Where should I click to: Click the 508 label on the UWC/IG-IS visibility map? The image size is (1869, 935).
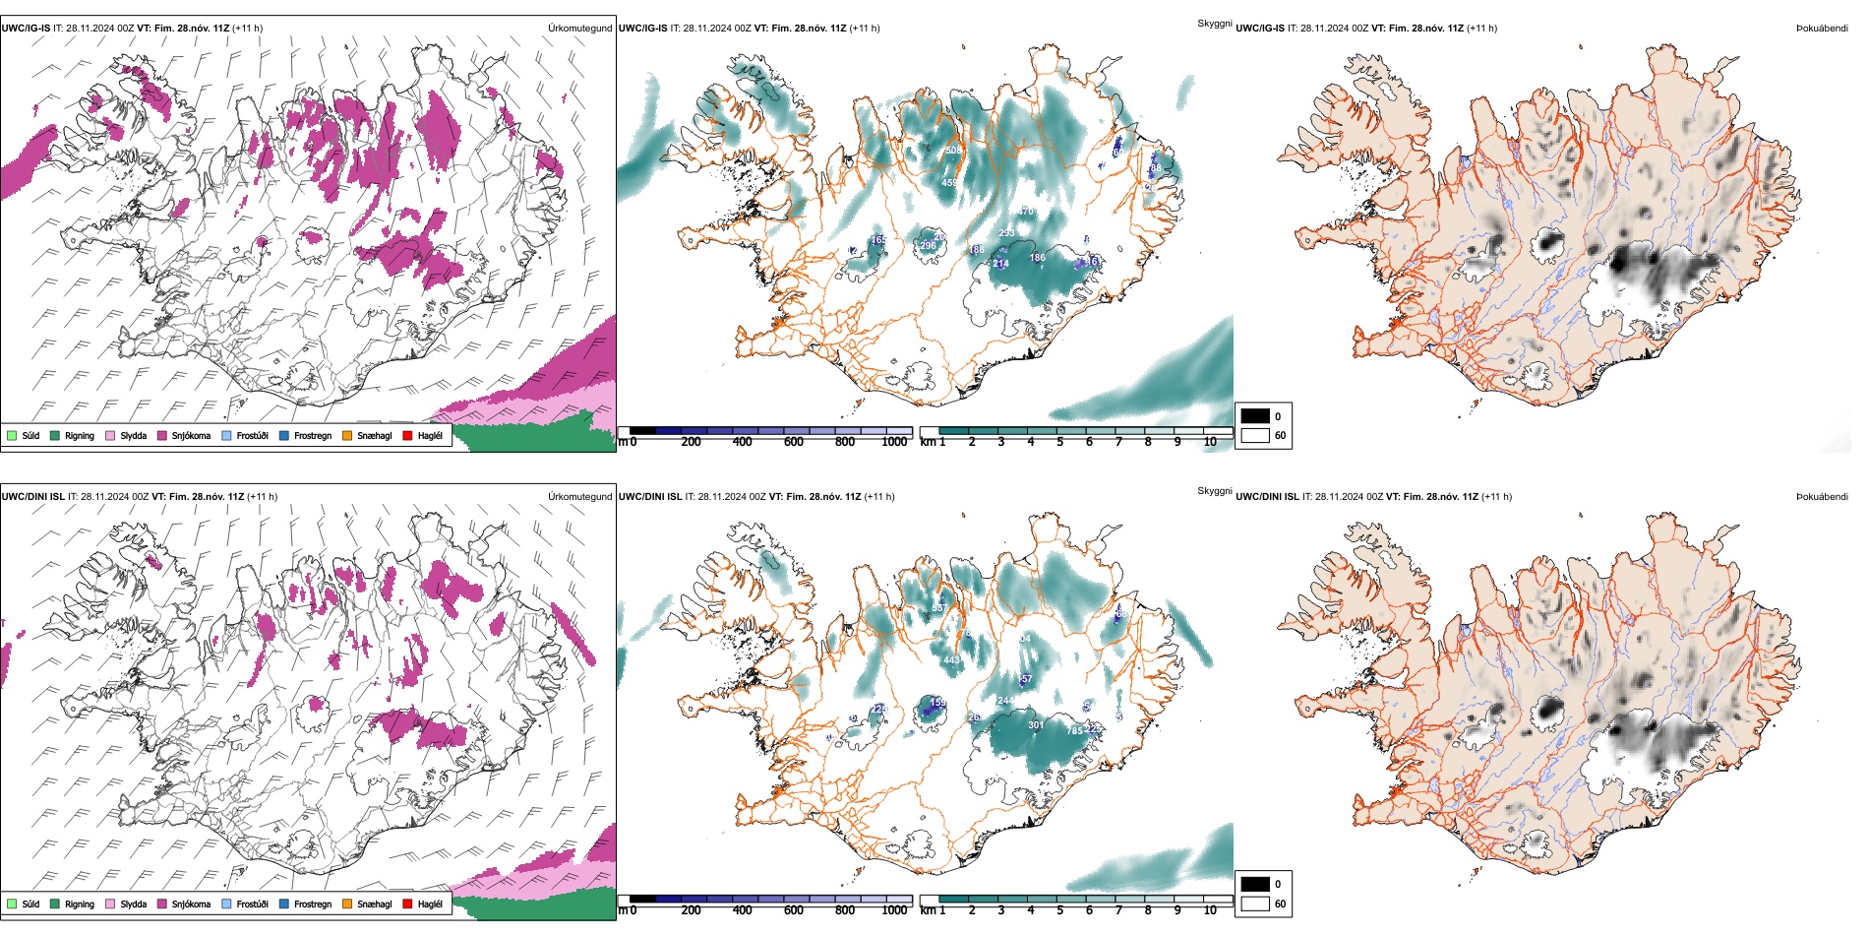tap(952, 151)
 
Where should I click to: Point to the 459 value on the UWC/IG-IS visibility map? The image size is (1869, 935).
tap(949, 183)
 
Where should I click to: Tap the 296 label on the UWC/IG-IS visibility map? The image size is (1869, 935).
tap(928, 245)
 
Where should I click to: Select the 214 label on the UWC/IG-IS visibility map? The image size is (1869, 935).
tap(1000, 263)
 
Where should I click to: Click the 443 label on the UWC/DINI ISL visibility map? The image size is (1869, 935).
tap(951, 660)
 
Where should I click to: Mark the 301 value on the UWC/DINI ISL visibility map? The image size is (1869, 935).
tap(1036, 725)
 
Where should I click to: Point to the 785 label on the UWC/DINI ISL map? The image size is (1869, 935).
tap(1075, 730)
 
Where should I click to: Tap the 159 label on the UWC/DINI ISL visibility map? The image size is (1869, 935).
tap(937, 703)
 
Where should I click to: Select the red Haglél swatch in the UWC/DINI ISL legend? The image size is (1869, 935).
tap(407, 904)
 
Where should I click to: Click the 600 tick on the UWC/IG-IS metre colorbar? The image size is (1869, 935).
tap(793, 442)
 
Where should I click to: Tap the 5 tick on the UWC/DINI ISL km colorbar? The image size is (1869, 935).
tap(1059, 910)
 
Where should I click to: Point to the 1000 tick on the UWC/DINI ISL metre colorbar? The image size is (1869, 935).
tap(894, 910)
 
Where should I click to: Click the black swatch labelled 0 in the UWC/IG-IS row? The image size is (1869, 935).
tap(1255, 416)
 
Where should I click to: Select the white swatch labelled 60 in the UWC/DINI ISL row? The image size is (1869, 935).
tap(1255, 904)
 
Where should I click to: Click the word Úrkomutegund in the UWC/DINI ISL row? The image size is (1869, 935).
tap(579, 496)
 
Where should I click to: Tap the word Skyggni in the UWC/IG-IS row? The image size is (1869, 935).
tap(1214, 23)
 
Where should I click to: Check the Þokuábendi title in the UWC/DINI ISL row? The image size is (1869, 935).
tap(1822, 496)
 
